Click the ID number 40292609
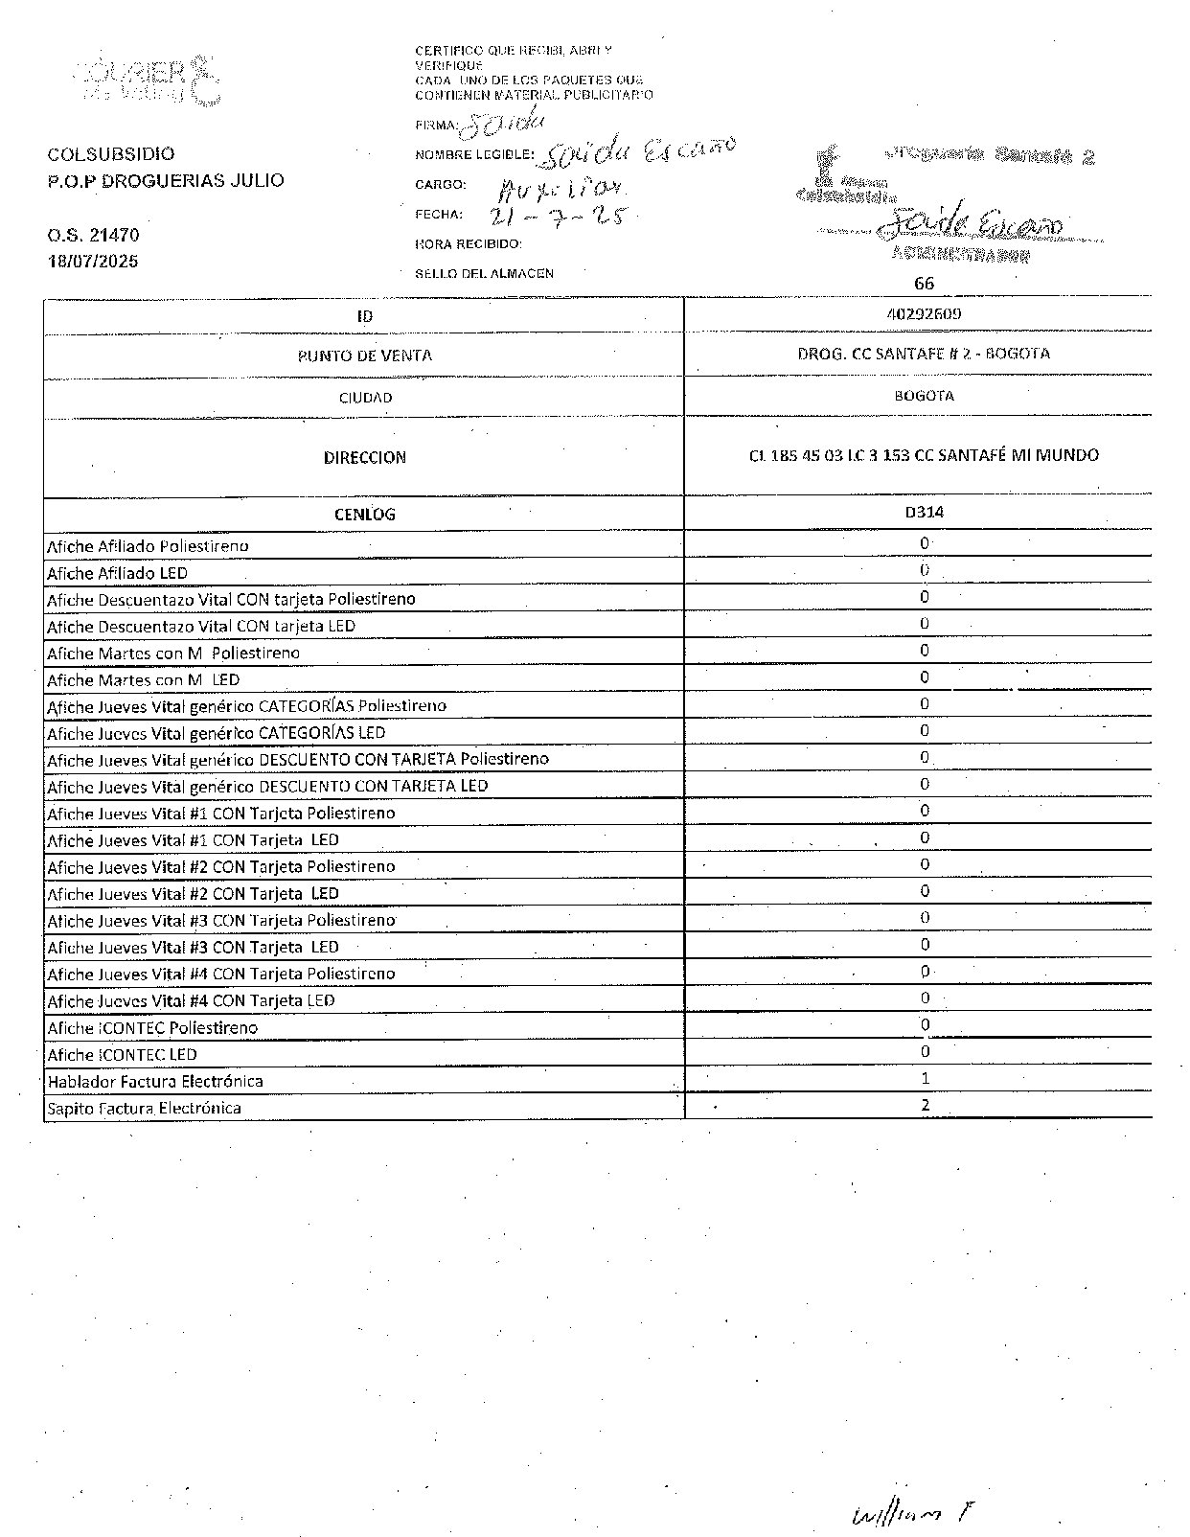924,313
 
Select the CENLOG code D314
924,512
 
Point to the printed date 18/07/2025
93,261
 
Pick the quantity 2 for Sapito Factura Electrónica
926,1105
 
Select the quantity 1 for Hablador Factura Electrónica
925,1078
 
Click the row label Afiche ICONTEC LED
122,1054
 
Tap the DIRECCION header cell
364,457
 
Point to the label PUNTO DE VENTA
364,356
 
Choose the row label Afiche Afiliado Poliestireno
148,546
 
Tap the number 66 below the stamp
924,283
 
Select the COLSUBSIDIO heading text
111,154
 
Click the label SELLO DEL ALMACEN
484,273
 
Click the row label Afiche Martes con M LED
143,679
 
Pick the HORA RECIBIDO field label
468,244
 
